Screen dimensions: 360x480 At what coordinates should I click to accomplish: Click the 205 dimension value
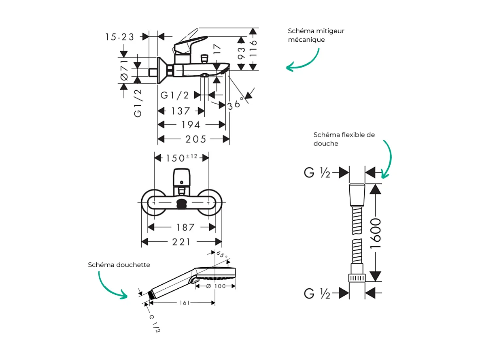click(195, 139)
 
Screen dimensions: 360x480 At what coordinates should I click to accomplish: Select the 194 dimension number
click(191, 125)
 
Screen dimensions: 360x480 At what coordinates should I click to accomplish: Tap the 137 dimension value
click(180, 111)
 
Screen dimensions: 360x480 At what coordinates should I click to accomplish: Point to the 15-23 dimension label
click(119, 37)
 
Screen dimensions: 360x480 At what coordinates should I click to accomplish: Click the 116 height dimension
click(253, 49)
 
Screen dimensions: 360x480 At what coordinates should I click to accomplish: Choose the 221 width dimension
click(182, 242)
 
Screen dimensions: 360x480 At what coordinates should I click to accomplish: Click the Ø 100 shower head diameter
click(215, 286)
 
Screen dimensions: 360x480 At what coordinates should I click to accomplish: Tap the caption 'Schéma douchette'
click(119, 265)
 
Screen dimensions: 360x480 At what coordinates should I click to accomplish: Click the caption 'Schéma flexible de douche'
click(344, 139)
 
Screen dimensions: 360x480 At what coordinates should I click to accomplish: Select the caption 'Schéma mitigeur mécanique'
click(316, 35)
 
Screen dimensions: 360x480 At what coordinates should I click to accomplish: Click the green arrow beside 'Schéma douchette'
click(109, 285)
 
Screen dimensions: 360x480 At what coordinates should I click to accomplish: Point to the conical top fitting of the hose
click(357, 195)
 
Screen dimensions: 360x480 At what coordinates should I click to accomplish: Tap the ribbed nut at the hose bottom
click(357, 277)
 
